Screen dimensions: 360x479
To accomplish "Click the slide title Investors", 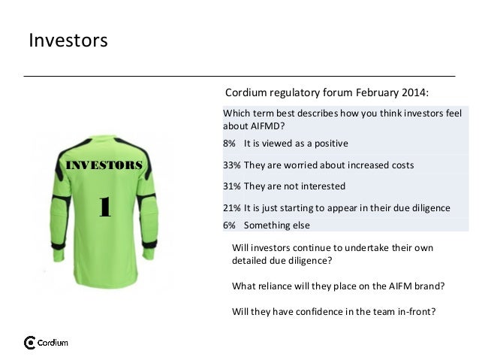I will [68, 40].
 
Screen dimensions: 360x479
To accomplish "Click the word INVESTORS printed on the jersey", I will [105, 165].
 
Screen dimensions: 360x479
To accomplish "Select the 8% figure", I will [230, 143].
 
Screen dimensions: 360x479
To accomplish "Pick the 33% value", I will [232, 165].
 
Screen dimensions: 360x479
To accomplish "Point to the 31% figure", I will [232, 186].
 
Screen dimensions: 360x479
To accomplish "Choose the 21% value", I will [232, 207].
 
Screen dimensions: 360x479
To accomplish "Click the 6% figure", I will [230, 225].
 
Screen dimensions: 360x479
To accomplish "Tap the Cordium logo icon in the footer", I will [30, 343].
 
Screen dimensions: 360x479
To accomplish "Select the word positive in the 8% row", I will [327, 143].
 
